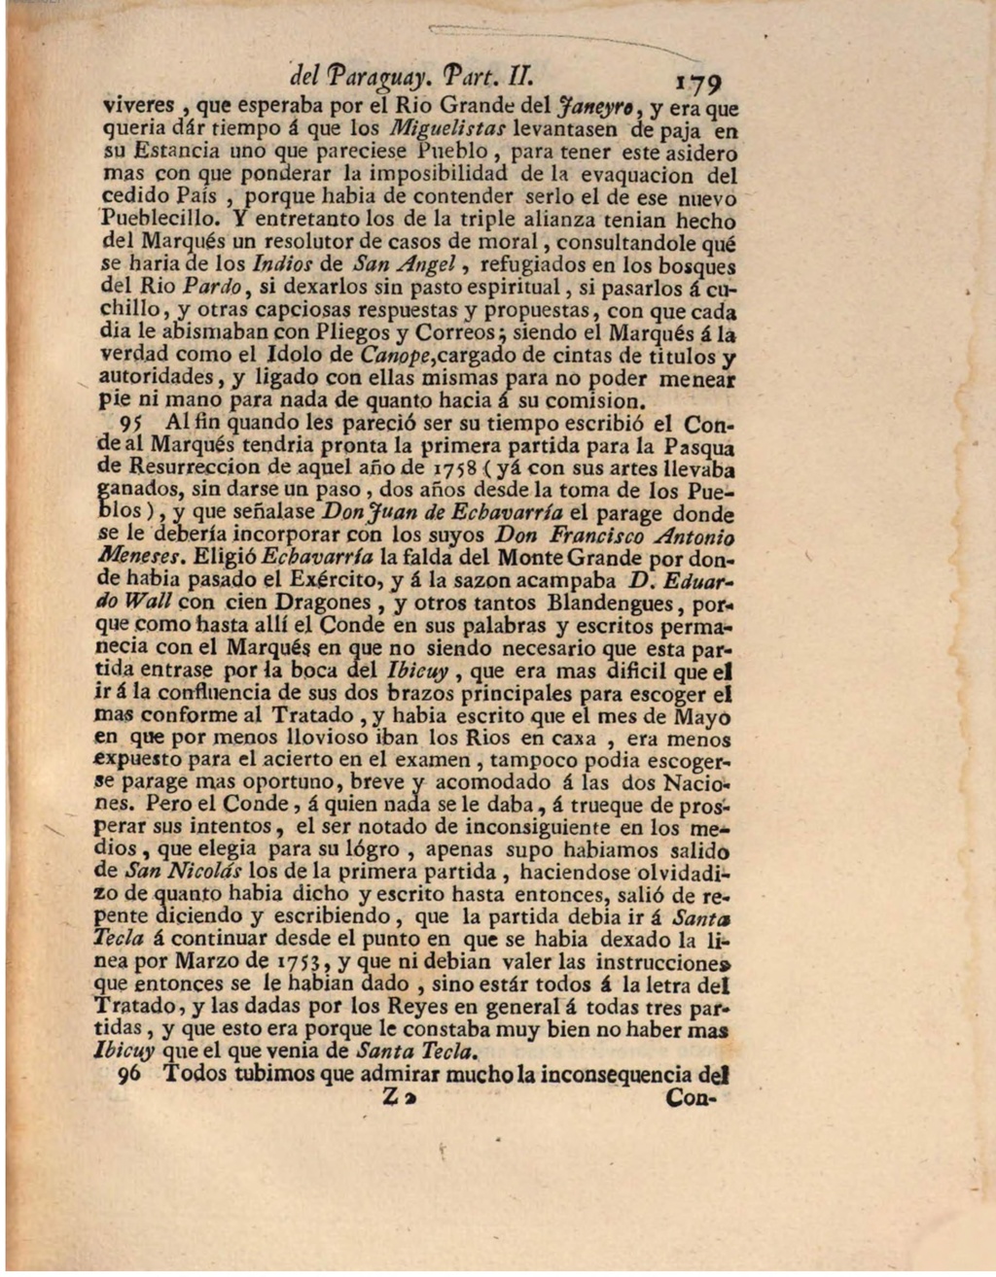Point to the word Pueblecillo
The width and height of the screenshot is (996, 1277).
pos(150,221)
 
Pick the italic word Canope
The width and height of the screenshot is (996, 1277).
pos(395,356)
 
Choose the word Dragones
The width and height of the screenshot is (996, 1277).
pos(328,604)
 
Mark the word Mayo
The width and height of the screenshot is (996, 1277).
pos(707,717)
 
